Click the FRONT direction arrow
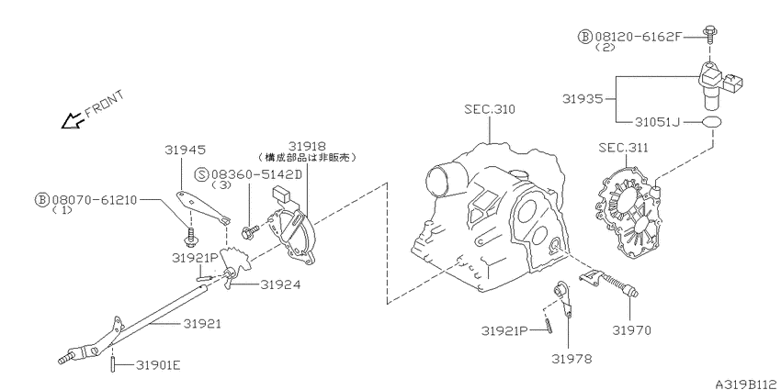(72, 120)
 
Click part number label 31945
(186, 150)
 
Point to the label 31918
(307, 146)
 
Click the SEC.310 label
(490, 109)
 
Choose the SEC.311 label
(623, 147)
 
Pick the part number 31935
(583, 98)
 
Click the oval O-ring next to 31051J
(712, 122)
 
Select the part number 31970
(631, 329)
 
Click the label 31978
(572, 358)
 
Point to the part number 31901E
(158, 365)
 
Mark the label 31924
(280, 284)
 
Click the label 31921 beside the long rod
(202, 323)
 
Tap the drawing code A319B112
(748, 384)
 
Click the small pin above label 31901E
(113, 365)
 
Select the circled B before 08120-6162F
(584, 37)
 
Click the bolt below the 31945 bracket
(190, 238)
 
